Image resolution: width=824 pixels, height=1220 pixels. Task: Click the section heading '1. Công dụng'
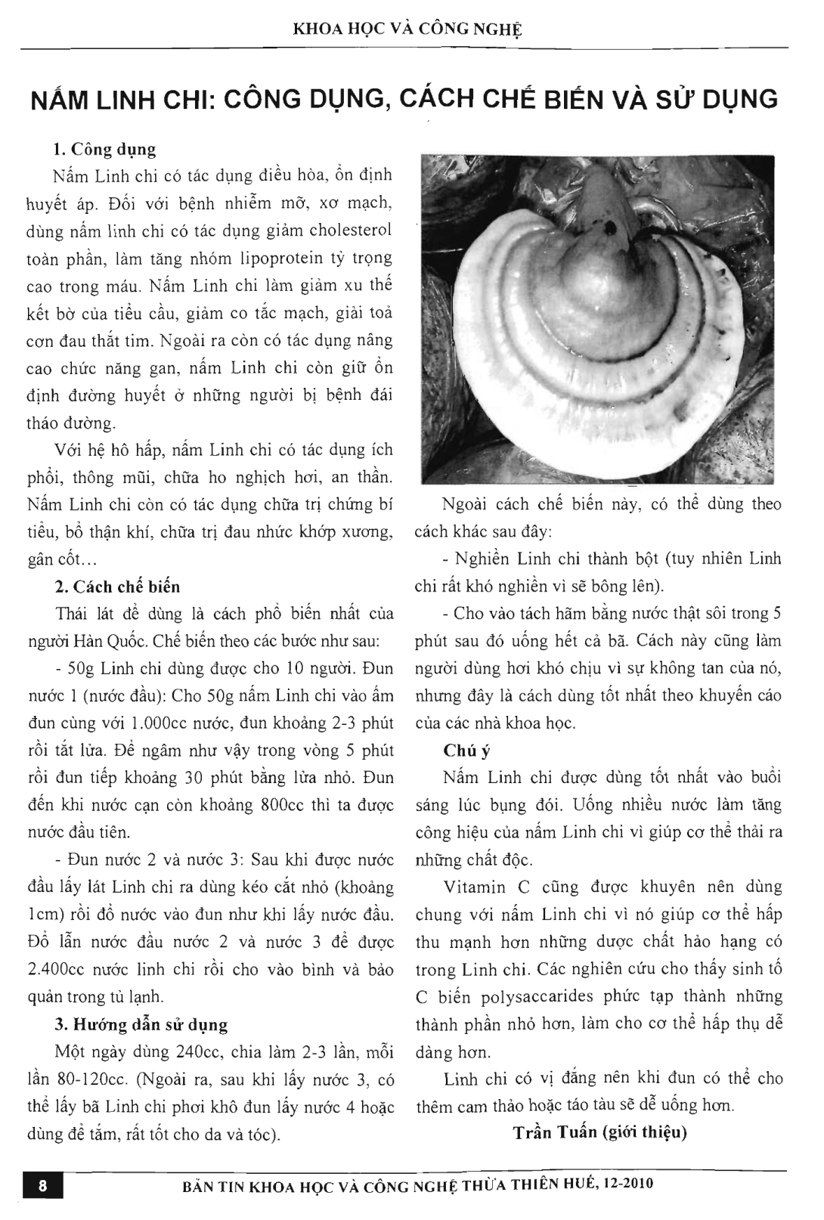tap(105, 149)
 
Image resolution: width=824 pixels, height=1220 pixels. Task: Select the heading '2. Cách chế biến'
tap(117, 587)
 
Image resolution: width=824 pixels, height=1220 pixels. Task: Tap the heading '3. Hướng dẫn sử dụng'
tap(141, 1025)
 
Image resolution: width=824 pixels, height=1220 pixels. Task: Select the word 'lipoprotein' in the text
tap(303, 259)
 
